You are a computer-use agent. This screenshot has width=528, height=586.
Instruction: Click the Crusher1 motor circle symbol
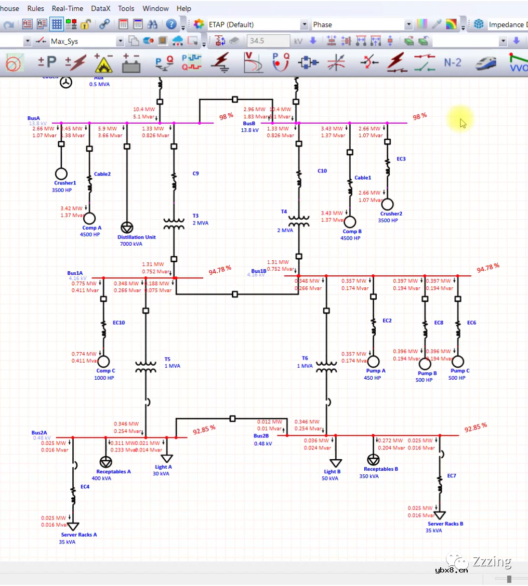tap(61, 174)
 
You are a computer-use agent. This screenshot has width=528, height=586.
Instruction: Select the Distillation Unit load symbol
tap(126, 227)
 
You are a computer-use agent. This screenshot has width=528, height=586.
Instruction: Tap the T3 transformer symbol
tap(174, 224)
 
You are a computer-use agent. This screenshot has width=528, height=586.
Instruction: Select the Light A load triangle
tap(166, 458)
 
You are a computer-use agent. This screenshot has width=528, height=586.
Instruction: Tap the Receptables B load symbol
tap(373, 460)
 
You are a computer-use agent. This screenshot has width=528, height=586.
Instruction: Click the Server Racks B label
tap(445, 524)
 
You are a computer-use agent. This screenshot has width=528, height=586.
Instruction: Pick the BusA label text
tap(34, 118)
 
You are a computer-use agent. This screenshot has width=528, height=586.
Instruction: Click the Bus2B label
tap(261, 436)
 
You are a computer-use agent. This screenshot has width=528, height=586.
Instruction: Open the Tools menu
tap(126, 8)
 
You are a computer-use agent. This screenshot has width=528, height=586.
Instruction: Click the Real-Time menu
tap(68, 8)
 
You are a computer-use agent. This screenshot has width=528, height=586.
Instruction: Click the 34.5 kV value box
tap(268, 41)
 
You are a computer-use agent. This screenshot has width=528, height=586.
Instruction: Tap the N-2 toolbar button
tap(452, 62)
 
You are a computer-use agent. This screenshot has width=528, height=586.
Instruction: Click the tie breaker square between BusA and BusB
tap(235, 99)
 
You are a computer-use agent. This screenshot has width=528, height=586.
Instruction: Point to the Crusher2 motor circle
tap(387, 204)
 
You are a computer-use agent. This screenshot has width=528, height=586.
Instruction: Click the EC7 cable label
tap(452, 476)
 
